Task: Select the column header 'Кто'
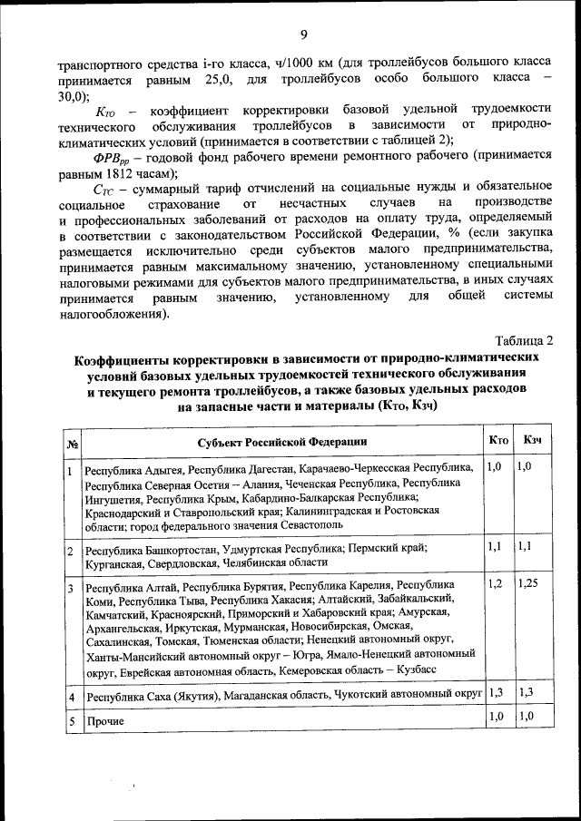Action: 497,440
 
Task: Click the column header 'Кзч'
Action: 533,440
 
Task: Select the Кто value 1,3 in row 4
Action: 496,692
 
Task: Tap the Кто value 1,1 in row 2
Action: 495,547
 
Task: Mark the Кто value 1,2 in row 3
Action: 495,583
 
